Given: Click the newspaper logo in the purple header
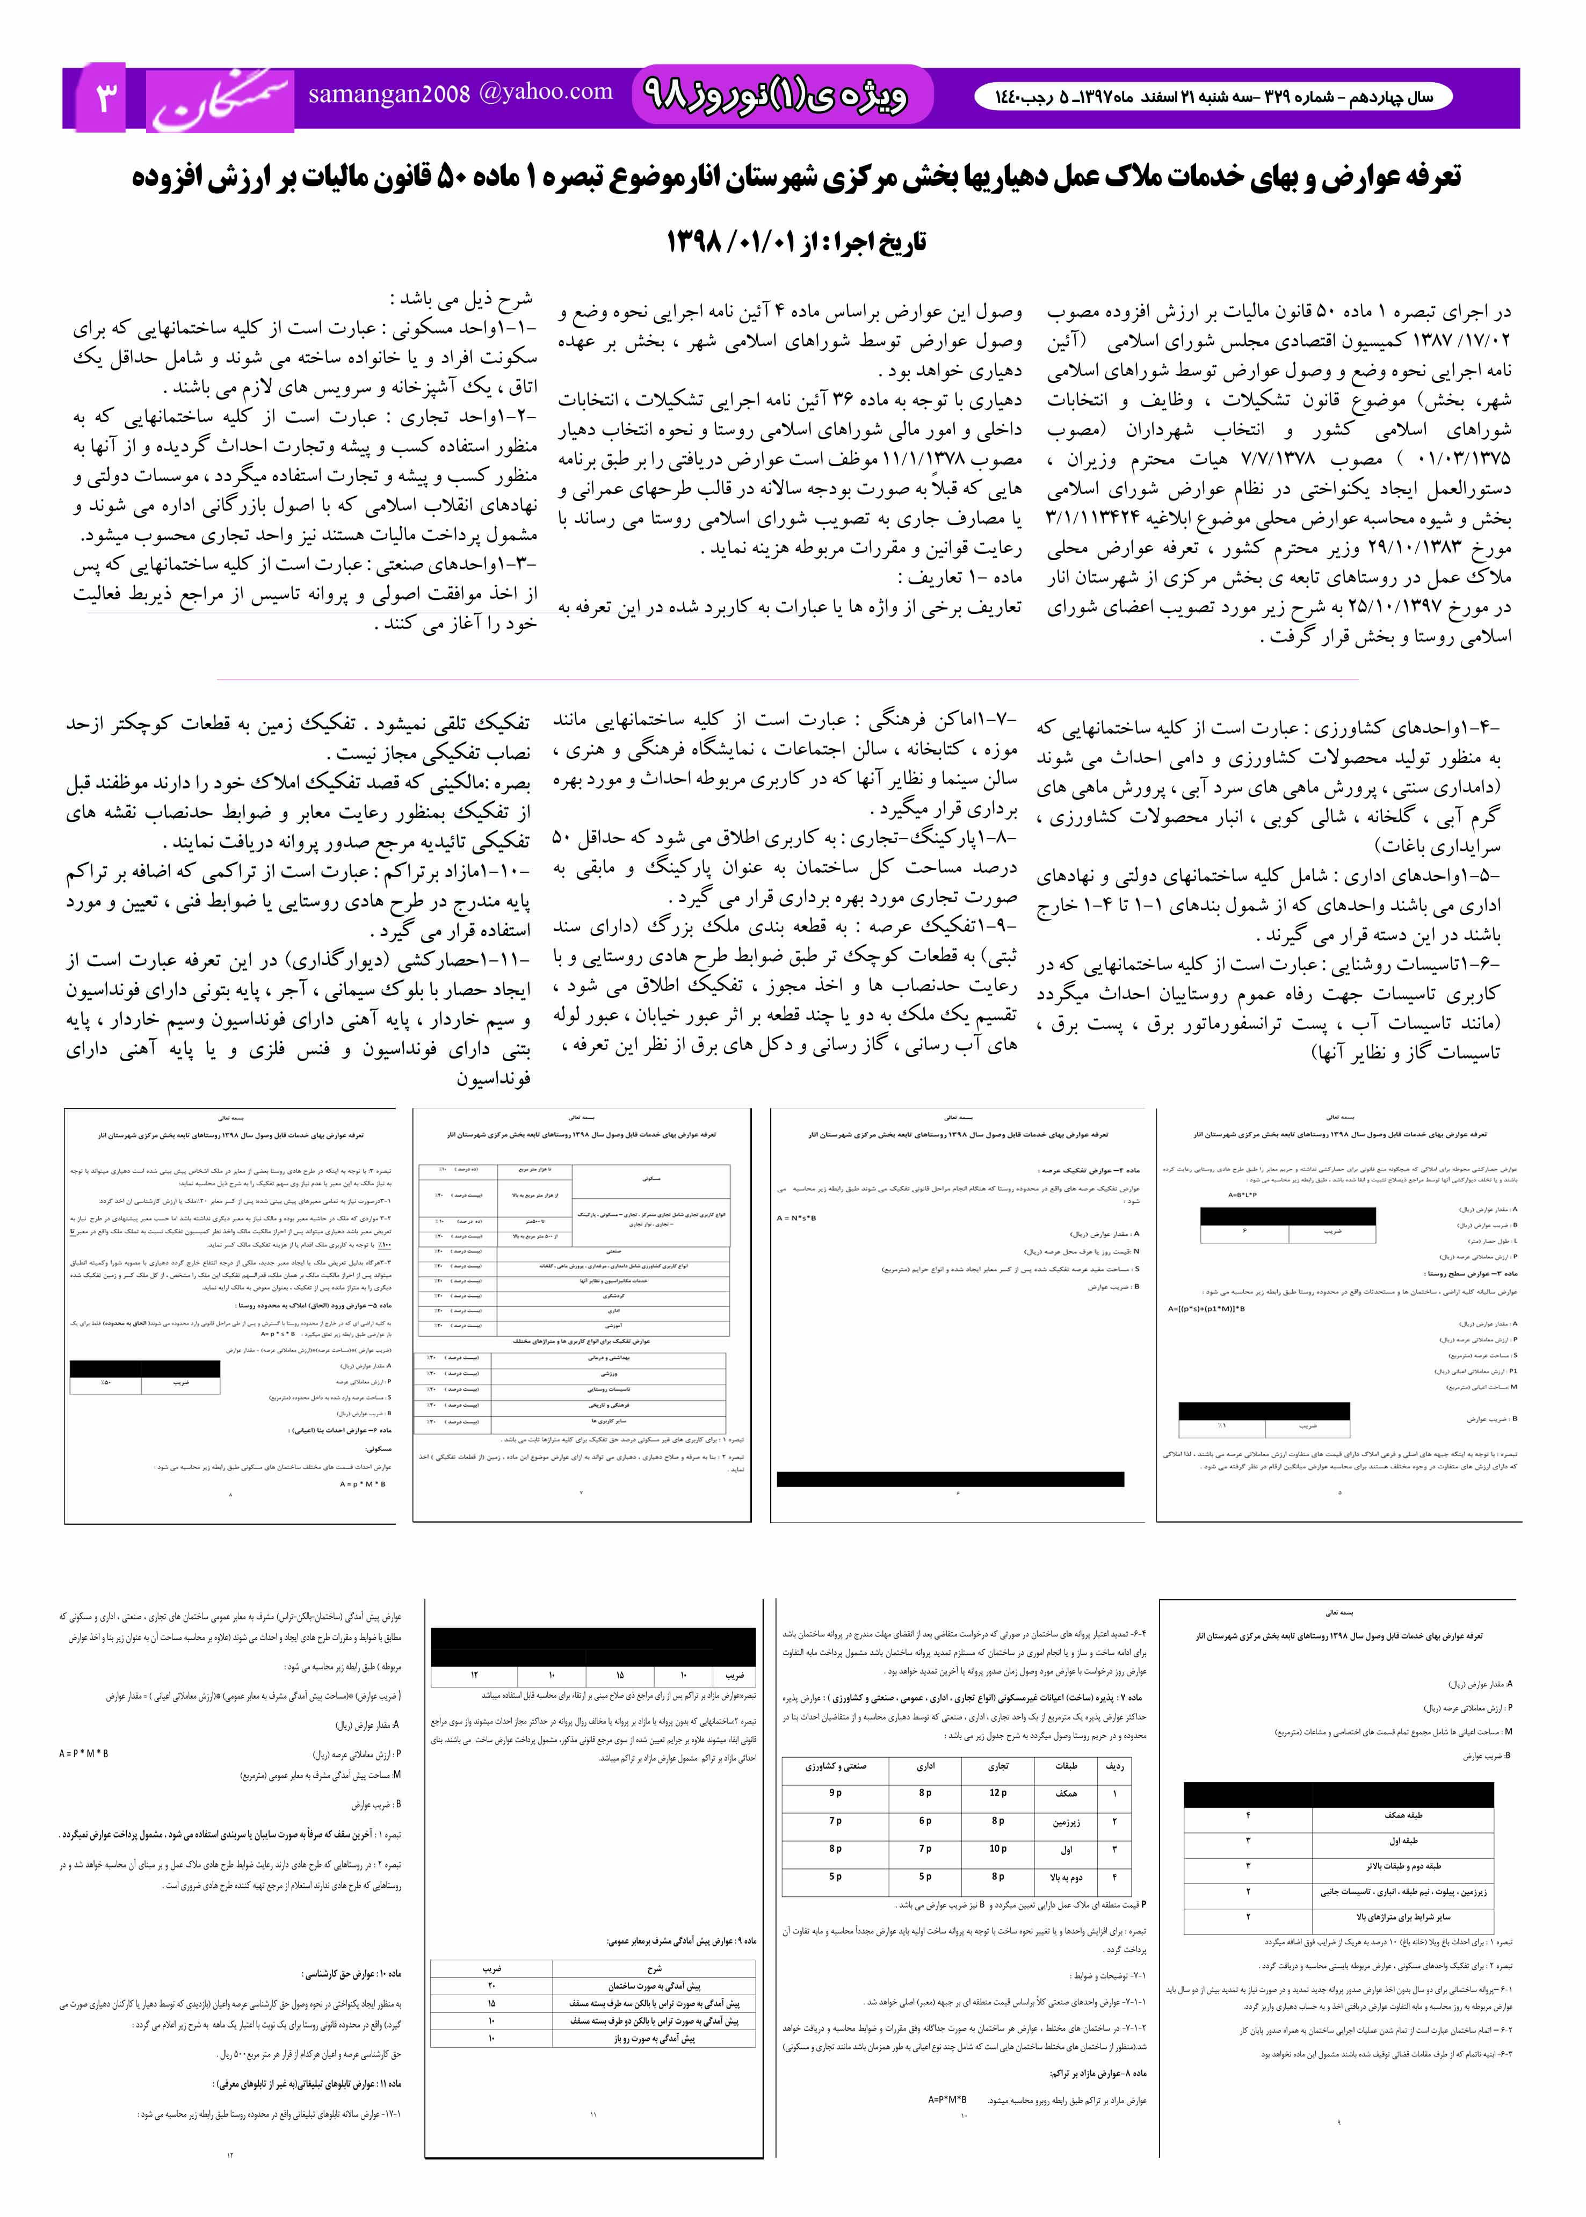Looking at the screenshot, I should [221, 99].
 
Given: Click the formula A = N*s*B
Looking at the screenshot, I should [797, 1219].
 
